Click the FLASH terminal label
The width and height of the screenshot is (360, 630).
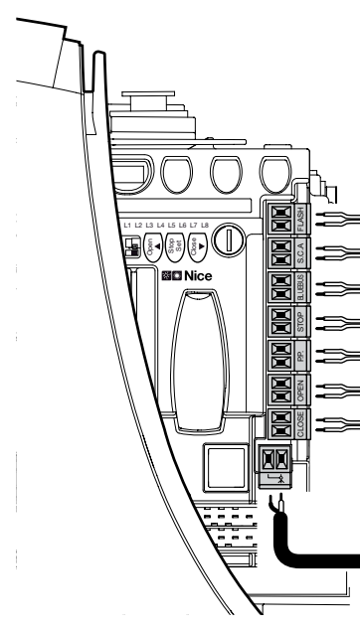(301, 219)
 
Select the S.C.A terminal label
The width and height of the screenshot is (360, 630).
(301, 252)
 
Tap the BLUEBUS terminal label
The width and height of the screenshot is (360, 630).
(301, 287)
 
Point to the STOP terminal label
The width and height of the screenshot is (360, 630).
(301, 321)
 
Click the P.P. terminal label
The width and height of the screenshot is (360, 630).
(301, 355)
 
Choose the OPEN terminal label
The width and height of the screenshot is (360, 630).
(301, 390)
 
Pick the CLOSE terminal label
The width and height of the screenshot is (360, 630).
(301, 423)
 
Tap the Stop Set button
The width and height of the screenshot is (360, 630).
(175, 247)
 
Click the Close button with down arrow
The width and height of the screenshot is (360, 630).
(198, 247)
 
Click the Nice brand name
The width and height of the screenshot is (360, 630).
(198, 276)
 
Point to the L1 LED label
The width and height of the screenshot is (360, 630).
(128, 226)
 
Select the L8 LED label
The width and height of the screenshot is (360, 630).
(205, 226)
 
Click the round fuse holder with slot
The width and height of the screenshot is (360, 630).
(228, 240)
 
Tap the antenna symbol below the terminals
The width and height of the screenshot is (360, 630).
(281, 478)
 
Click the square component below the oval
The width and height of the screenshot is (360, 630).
(226, 467)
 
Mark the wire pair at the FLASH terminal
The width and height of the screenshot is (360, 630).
(338, 219)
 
